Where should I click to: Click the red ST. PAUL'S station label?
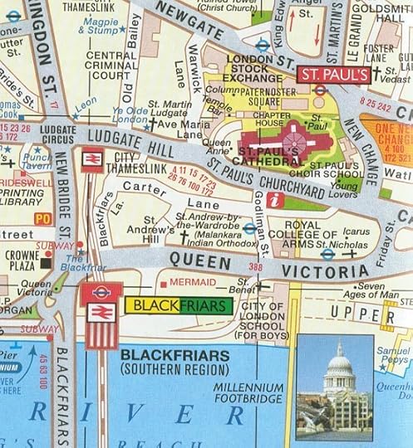333,75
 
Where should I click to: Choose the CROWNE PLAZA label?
18,259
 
